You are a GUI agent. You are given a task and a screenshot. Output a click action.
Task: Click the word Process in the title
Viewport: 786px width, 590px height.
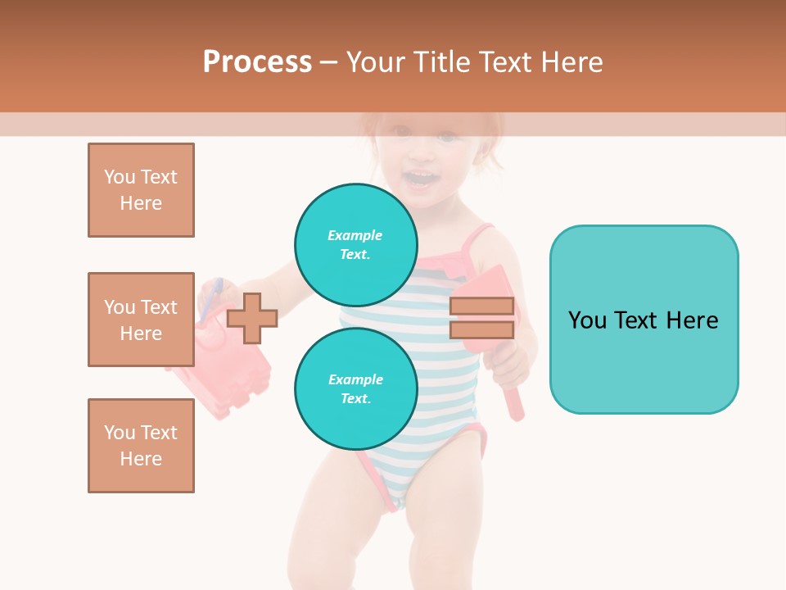click(x=257, y=62)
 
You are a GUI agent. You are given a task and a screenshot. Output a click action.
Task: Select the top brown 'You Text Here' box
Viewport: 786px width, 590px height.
click(x=141, y=190)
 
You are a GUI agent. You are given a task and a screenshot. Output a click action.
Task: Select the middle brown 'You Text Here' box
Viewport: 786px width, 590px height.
click(x=141, y=320)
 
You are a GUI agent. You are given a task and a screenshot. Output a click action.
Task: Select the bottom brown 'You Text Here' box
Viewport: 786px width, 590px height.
click(x=141, y=446)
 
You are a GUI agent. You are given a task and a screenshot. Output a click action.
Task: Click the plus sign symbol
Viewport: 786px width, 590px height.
click(x=252, y=318)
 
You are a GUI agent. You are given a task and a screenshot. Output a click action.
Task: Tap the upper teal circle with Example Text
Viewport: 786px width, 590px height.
click(x=355, y=244)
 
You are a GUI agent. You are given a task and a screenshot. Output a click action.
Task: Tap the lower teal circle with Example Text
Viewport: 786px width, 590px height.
click(x=355, y=389)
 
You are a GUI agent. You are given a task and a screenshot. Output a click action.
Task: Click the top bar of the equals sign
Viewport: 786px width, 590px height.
click(x=481, y=306)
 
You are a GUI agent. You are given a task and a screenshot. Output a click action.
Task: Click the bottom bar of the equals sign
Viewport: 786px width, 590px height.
click(x=481, y=329)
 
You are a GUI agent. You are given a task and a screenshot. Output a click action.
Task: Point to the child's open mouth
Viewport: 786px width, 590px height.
click(x=421, y=179)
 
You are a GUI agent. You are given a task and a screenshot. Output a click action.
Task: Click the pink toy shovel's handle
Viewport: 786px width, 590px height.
click(x=513, y=404)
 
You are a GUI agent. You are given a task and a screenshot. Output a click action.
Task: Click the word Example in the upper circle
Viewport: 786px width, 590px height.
click(x=355, y=235)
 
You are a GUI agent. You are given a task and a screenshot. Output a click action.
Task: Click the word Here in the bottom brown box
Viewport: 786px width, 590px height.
click(x=141, y=459)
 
